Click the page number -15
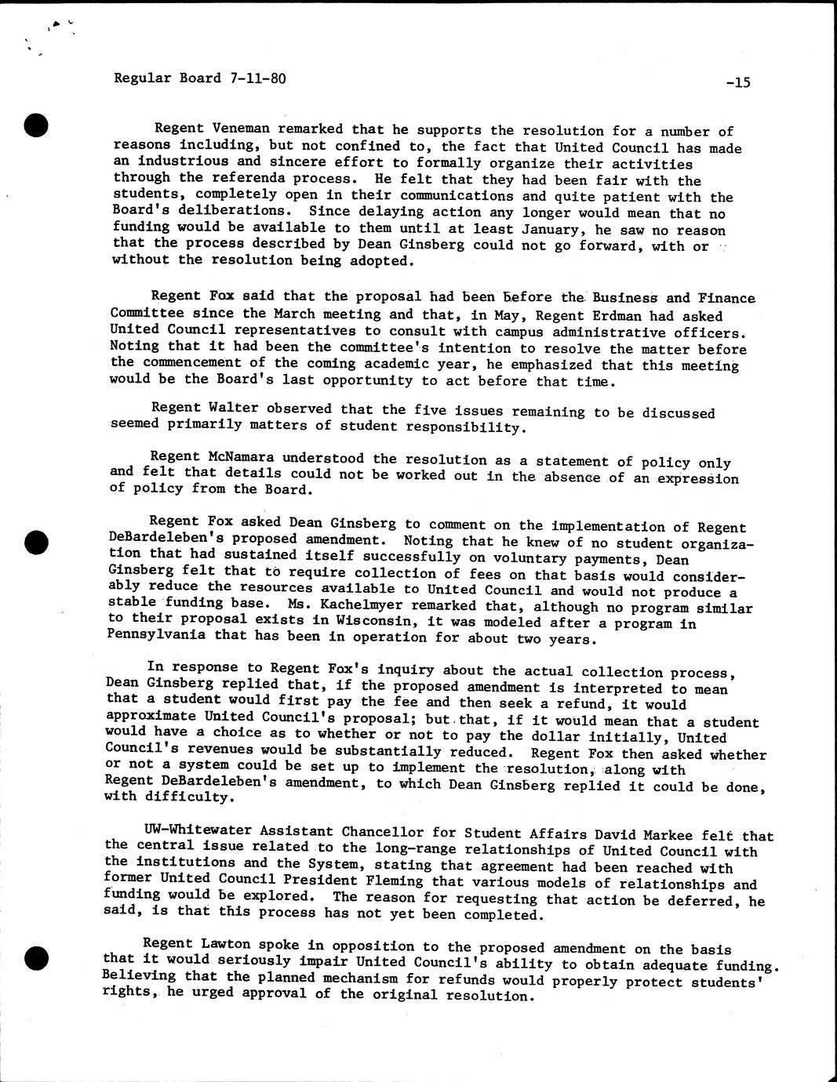(737, 82)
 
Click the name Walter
(235, 408)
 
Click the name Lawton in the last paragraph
(216, 945)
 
